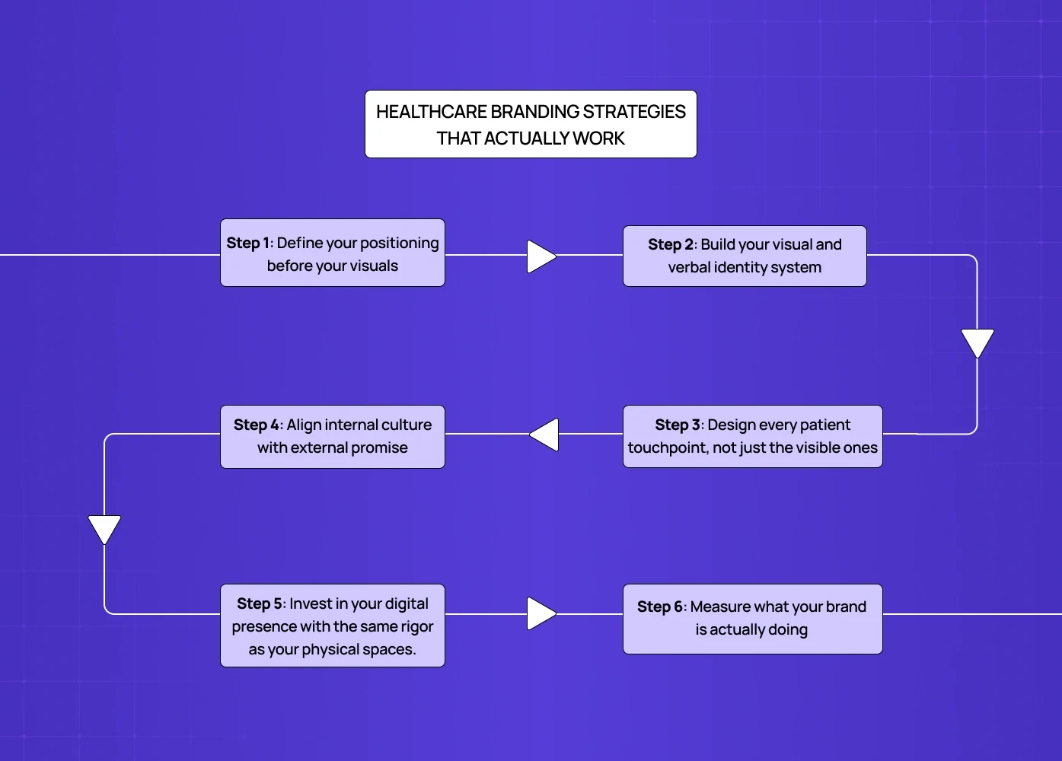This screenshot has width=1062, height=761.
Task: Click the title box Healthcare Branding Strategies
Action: click(x=531, y=124)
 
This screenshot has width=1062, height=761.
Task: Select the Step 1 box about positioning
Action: click(x=333, y=253)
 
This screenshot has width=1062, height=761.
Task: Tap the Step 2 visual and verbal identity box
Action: click(x=745, y=256)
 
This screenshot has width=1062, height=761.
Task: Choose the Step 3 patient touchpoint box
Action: click(x=752, y=436)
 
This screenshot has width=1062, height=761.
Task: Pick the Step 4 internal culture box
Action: click(x=333, y=436)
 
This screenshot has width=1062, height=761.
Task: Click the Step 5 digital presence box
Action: click(x=333, y=626)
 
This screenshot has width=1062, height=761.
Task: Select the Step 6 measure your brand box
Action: click(x=752, y=619)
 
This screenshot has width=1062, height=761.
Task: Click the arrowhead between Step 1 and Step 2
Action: click(x=540, y=256)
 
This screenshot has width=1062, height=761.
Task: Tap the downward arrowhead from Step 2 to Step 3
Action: click(x=977, y=342)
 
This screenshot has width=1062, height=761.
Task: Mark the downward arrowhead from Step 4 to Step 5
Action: click(x=104, y=528)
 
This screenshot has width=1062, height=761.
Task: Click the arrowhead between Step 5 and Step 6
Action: click(x=540, y=613)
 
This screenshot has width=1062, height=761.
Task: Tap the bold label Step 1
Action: click(x=248, y=243)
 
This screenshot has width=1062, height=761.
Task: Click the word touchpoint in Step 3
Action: click(x=667, y=447)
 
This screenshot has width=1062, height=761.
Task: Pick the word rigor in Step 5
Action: click(x=417, y=626)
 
